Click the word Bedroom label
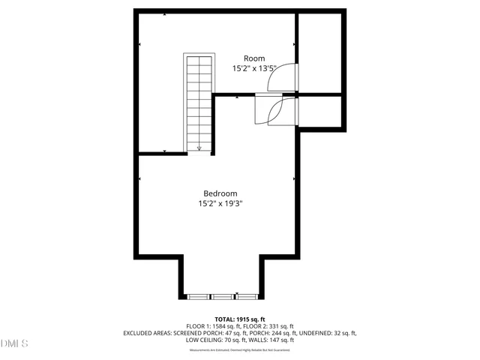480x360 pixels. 220,193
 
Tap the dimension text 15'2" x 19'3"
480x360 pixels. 220,203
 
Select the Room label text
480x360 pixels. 254,58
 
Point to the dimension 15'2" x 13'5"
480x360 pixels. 254,68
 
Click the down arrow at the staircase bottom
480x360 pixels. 199,148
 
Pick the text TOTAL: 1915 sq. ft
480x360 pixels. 240,319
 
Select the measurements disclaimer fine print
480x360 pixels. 240,349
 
